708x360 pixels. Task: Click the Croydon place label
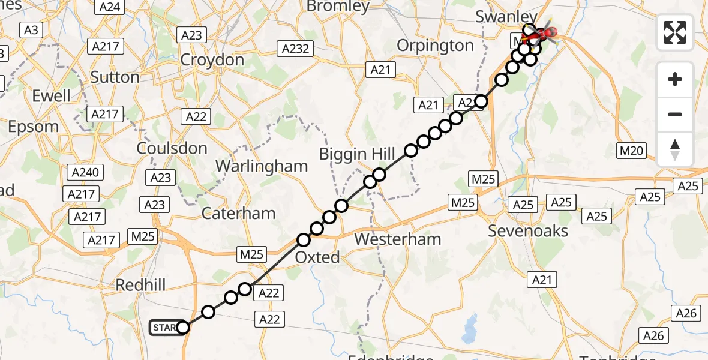pyautogui.click(x=212, y=60)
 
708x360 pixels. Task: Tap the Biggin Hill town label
pyautogui.click(x=357, y=154)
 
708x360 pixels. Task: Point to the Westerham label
pyautogui.click(x=397, y=239)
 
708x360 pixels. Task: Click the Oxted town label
pyautogui.click(x=318, y=257)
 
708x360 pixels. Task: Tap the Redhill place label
pyautogui.click(x=140, y=285)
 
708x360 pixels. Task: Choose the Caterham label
pyautogui.click(x=238, y=213)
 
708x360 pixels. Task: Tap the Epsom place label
pyautogui.click(x=34, y=127)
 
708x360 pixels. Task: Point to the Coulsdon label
pyautogui.click(x=172, y=148)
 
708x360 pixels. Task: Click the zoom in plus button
pyautogui.click(x=675, y=79)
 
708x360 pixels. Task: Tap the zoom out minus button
pyautogui.click(x=675, y=114)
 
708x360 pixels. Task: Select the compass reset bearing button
pyautogui.click(x=675, y=149)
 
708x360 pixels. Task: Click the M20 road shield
pyautogui.click(x=632, y=151)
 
